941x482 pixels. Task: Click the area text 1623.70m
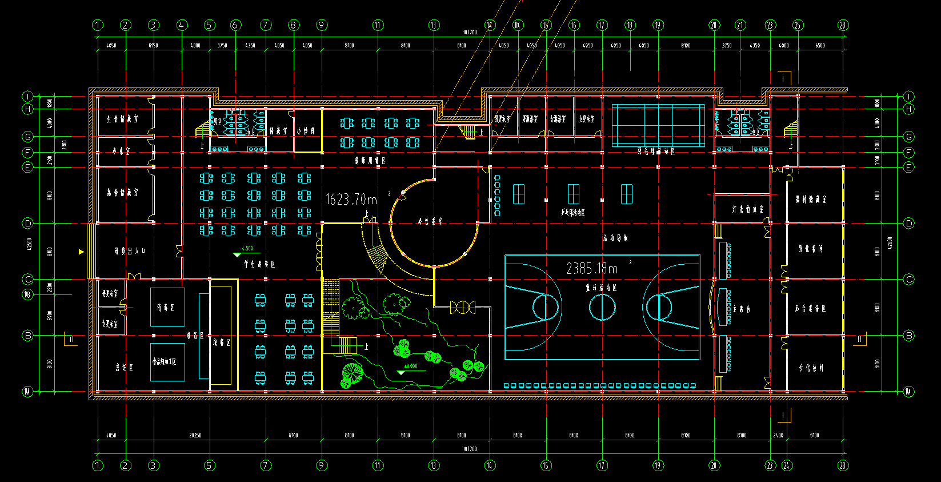351,199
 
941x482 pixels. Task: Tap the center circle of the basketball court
602,306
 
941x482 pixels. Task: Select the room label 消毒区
166,308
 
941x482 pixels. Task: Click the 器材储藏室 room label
811,200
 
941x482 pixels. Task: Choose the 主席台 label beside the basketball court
741,309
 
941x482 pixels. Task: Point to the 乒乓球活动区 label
573,212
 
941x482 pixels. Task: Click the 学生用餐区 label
259,264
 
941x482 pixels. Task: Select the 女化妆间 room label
811,368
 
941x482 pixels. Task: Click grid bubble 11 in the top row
378,25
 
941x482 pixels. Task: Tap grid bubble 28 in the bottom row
843,465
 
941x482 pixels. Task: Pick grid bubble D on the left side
27,224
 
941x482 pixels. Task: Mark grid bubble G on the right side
909,137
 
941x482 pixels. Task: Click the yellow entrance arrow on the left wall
81,252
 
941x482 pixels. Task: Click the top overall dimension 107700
469,33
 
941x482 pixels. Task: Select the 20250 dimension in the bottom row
195,436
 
